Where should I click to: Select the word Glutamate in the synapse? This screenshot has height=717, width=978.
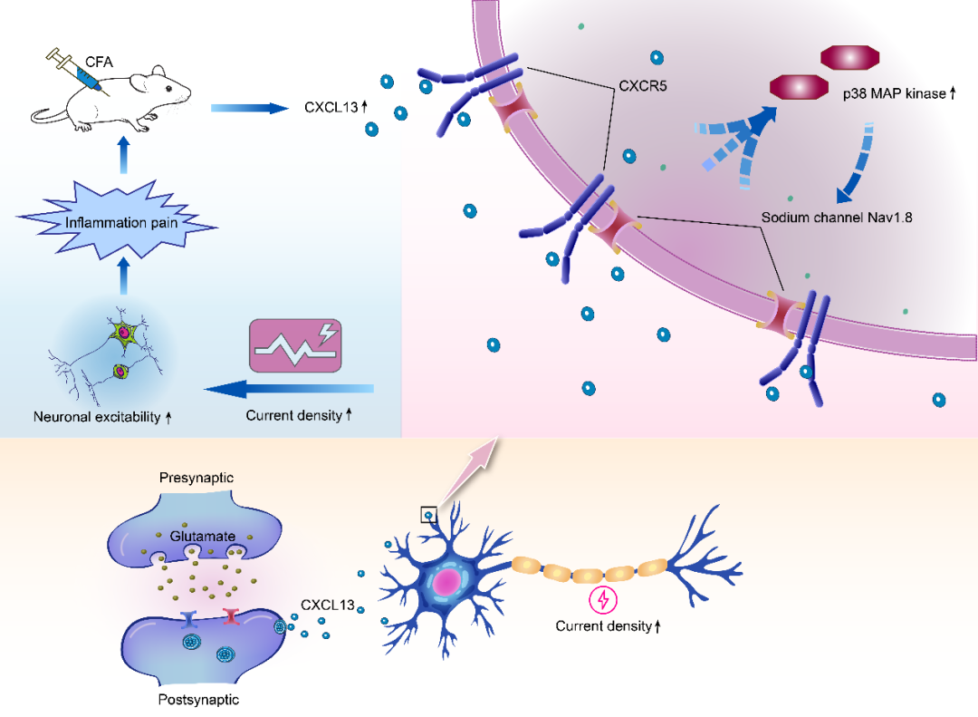click(200, 537)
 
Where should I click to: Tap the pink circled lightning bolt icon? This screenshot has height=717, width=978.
click(600, 599)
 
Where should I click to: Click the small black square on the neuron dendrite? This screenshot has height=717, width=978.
click(429, 515)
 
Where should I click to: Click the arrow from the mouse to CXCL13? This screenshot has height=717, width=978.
click(246, 109)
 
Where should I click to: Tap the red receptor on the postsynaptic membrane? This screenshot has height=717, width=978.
click(231, 617)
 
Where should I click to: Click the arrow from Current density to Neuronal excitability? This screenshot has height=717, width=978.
click(290, 390)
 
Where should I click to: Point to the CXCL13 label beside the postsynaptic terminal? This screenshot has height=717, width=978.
click(327, 605)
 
